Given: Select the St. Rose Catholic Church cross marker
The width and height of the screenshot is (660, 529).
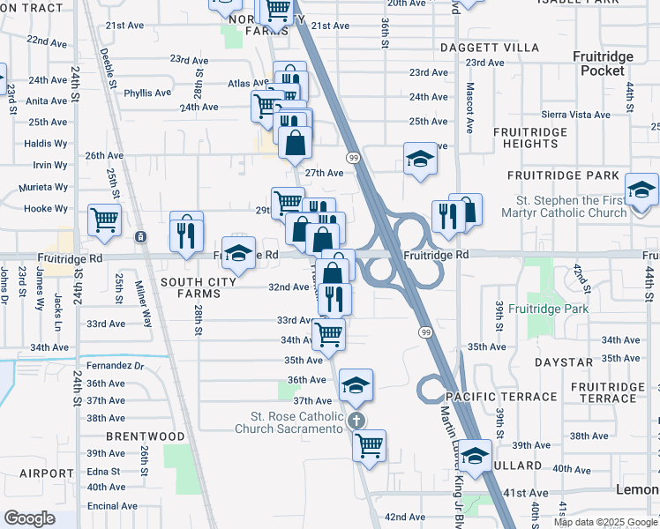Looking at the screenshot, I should click(356, 421).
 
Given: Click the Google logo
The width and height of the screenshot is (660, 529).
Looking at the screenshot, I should click(30, 518).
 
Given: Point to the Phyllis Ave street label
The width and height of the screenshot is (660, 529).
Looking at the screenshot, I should click(147, 93).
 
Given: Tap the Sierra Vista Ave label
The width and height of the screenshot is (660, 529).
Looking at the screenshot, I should click(576, 115).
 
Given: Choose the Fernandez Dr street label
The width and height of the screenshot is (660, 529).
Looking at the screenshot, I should click(115, 365).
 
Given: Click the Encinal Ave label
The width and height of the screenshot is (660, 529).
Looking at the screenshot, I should click(111, 506).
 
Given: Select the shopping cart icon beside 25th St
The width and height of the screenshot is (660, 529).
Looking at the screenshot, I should click(105, 220).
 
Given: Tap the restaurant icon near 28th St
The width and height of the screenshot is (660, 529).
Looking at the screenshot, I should click(186, 232).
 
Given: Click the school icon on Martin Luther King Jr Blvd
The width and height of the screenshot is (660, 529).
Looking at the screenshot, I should click(475, 456).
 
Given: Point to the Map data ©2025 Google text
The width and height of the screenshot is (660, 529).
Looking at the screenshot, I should click(606, 522).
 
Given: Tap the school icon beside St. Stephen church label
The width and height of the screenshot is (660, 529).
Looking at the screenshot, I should click(641, 190).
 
